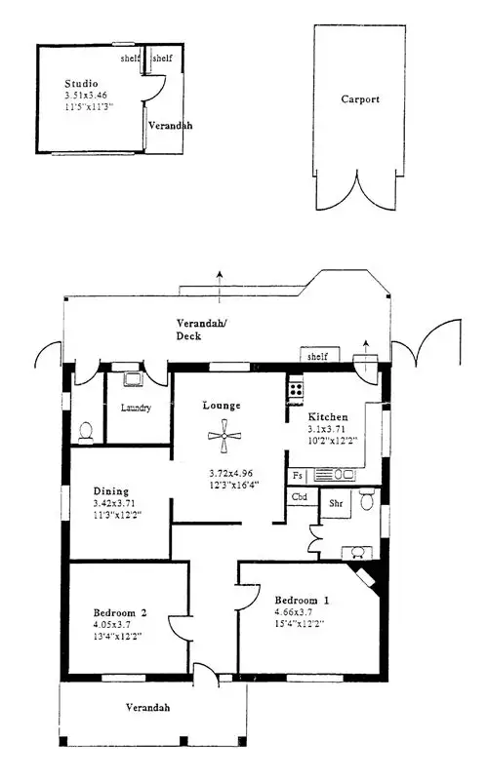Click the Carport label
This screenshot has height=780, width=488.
tap(360, 99)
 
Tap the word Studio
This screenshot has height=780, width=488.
tap(81, 85)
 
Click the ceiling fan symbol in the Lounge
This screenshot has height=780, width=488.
tap(224, 437)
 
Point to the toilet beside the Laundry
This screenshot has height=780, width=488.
tap(85, 428)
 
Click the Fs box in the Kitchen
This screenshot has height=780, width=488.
tap(298, 475)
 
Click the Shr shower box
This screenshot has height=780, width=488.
tap(335, 505)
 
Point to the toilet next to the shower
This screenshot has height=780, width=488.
tap(368, 501)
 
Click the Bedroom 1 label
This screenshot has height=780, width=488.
tap(302, 600)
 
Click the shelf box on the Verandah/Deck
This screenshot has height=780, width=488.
tap(316, 356)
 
